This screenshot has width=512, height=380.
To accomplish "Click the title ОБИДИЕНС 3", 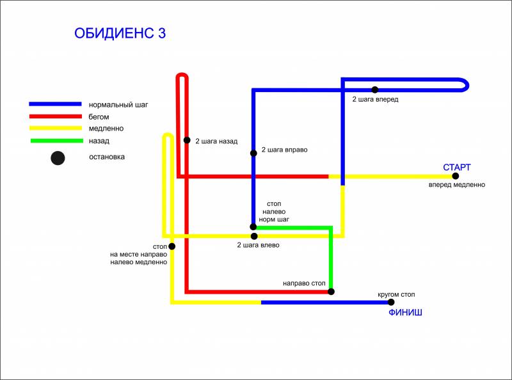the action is point(120,33).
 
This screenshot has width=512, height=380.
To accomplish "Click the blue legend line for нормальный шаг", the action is point(55,104).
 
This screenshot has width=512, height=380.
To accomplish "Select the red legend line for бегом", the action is point(56,116).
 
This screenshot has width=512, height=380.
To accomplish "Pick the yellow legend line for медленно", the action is point(56,128).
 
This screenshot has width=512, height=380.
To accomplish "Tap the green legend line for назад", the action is point(57,141).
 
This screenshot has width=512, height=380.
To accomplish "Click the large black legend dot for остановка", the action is point(58,158).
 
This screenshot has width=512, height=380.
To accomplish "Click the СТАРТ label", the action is point(457,167).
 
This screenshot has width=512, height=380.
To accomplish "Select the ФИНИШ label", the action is point(405,312).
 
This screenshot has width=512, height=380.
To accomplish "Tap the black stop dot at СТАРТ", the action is point(455,176).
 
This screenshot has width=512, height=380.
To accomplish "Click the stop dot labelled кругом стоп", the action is point(391,303).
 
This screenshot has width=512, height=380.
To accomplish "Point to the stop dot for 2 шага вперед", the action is point(375,90).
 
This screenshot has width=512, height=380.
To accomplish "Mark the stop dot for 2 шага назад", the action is point(187,140).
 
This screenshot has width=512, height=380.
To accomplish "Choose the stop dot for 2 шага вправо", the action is point(253,153).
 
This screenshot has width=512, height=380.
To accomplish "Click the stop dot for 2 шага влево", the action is point(254,236).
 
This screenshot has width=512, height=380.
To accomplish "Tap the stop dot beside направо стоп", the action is point(331,292).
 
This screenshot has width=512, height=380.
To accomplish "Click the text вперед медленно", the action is point(457,185).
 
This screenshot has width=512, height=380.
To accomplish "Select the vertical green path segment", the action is point(331,259).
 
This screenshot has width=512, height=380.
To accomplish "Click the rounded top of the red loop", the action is point(182,74).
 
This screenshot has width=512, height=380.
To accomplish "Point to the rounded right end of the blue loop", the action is point(467,85).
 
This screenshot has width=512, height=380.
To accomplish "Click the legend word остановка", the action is point(107,157).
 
